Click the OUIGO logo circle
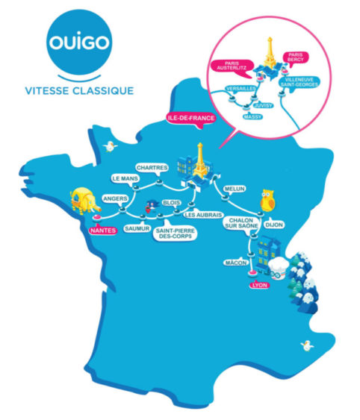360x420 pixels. click(79, 42)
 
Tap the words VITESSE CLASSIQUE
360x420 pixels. click(79, 91)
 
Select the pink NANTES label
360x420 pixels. click(103, 231)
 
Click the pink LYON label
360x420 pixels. click(260, 285)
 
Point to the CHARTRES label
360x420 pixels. click(152, 168)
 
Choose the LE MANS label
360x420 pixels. click(125, 178)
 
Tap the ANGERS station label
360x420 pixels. click(115, 198)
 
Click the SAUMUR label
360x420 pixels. click(137, 229)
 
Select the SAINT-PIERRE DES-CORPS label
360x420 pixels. click(176, 233)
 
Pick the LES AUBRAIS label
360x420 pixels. click(203, 215)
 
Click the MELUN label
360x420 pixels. click(235, 189)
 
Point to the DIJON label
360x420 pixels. click(274, 225)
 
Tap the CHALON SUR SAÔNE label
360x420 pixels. click(241, 223)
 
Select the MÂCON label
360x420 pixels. click(236, 263)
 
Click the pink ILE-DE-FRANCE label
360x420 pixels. click(191, 118)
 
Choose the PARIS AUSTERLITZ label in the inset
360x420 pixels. click(232, 66)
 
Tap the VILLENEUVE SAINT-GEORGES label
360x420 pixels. click(299, 82)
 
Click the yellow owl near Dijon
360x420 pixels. click(267, 201)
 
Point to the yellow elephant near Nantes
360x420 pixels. click(84, 201)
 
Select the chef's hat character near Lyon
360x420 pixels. click(279, 268)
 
